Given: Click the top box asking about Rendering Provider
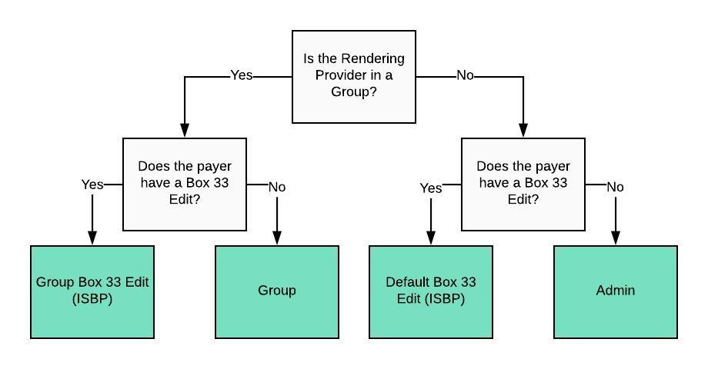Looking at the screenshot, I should coord(354,77).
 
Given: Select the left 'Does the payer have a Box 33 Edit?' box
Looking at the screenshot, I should coord(185,184).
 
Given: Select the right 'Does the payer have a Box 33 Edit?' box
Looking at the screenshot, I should coord(523,184).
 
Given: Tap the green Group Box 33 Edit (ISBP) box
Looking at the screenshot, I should coord(92,291).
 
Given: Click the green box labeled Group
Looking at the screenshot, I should coord(277,291).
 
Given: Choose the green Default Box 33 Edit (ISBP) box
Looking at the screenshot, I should coord(431,291).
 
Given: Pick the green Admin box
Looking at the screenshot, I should coord(616,291).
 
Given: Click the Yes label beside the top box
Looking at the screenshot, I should coord(242,76).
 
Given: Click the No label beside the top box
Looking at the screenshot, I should coord(465,76).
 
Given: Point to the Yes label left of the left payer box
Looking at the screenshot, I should coord(92,184).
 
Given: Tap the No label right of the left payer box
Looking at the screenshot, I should coord(277,187).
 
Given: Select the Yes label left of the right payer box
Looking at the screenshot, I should coord(431,188).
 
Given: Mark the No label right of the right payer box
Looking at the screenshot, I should coord(616,187).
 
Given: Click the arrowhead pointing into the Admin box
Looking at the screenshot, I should coord(616,239).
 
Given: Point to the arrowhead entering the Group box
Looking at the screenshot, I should coord(277,239).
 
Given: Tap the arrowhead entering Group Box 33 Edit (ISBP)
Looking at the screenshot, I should coord(92,239).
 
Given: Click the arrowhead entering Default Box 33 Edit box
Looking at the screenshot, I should coord(431,239).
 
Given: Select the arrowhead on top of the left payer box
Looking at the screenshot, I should coord(185,131).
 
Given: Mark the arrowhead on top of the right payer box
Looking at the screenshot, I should coord(523,131).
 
